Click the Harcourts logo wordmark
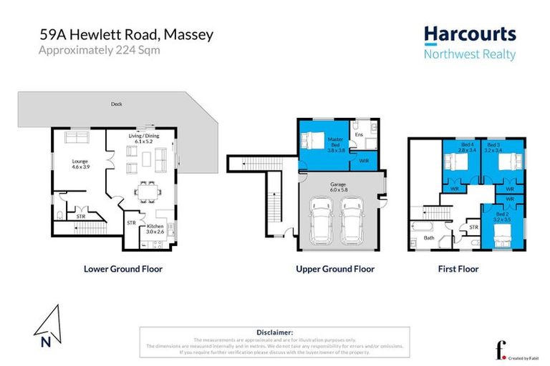(x=469, y=34)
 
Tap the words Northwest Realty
(x=469, y=54)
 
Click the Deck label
(x=116, y=104)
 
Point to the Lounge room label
(x=79, y=164)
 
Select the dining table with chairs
(x=148, y=192)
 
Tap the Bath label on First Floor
(x=429, y=237)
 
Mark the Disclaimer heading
(x=274, y=332)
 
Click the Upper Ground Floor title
(x=334, y=269)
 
